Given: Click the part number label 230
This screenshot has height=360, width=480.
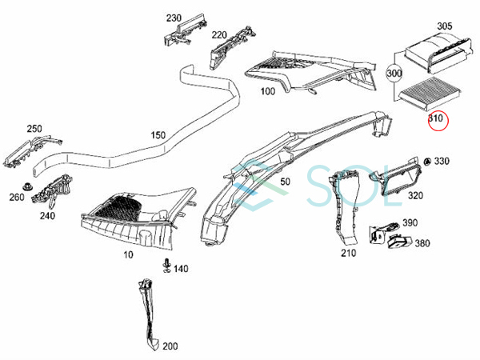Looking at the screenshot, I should pos(174,18).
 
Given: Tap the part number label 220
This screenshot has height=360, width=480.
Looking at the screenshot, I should pos(218,36).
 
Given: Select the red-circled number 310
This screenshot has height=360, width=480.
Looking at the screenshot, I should pos(436,120).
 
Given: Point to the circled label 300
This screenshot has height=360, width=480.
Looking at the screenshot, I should pos(393,73).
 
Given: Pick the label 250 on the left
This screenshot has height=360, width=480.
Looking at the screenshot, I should pos(34,128).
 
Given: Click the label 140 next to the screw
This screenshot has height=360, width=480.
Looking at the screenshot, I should pos(181,269).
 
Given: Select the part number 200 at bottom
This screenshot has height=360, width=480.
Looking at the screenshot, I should pos(170,346).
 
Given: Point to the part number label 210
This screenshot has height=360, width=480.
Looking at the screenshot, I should pos(348,254).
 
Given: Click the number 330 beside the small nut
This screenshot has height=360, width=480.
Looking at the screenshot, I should pos(442,162).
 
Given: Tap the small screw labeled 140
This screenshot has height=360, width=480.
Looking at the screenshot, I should pos(166,265).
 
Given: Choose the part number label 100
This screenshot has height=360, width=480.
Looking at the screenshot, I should pos(268,90).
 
